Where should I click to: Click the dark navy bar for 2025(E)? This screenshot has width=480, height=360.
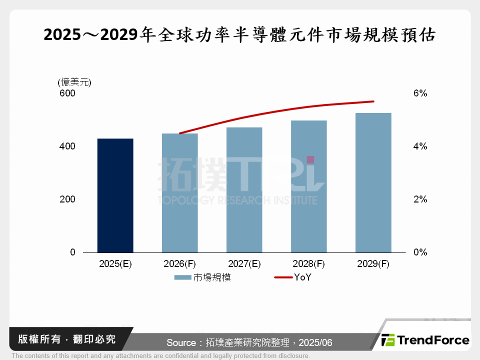115,195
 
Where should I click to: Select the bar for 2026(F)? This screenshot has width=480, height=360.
180,193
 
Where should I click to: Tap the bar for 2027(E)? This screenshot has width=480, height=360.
244,190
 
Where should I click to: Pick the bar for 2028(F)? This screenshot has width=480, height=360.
309,186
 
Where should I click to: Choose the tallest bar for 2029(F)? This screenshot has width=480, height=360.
373,183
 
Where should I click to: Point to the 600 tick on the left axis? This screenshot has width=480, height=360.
68,93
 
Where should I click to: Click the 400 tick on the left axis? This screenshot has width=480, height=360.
68,146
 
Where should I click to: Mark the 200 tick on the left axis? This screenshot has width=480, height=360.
68,199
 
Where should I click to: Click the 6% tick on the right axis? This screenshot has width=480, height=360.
420,93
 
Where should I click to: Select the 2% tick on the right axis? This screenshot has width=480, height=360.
420,199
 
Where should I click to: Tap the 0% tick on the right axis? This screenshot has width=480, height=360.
420,252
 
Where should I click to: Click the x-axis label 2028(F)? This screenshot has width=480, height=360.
309,264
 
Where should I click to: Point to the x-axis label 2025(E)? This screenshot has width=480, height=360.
115,264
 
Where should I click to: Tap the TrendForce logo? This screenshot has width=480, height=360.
425,340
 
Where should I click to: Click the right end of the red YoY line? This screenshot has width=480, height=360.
373,101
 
